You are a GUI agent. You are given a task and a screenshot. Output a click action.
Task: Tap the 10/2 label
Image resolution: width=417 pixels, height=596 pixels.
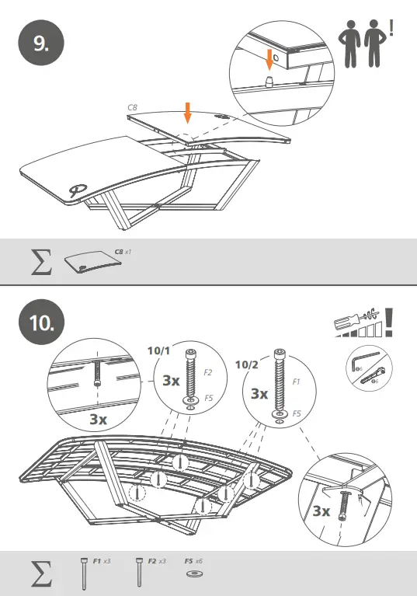pyautogui.click(x=246, y=364)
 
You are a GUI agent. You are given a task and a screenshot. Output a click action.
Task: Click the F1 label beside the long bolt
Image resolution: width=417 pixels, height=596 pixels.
pyautogui.click(x=297, y=383)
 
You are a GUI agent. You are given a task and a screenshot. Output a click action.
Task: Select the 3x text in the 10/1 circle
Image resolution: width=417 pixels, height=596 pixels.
pyautogui.click(x=172, y=382)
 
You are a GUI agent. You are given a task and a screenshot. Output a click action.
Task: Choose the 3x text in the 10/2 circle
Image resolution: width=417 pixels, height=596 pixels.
pyautogui.click(x=260, y=394)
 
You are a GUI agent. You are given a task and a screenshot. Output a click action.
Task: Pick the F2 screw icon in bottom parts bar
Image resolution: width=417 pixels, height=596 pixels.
pyautogui.click(x=138, y=571)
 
